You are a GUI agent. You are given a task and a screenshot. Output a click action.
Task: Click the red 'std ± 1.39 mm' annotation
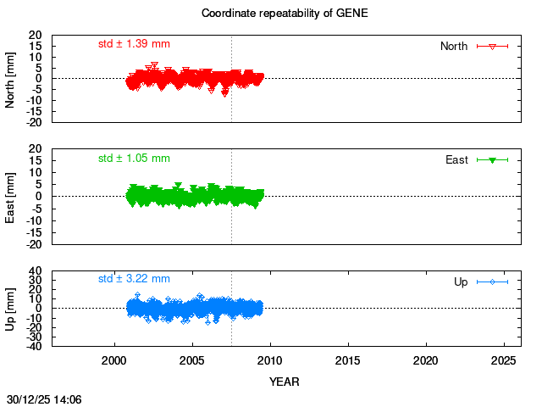tap(134, 43)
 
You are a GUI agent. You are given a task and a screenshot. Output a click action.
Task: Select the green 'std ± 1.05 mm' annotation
tap(134, 158)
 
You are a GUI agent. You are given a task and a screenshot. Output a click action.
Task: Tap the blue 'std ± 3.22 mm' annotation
tap(134, 278)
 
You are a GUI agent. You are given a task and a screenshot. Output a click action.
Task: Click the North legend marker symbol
tap(492, 46)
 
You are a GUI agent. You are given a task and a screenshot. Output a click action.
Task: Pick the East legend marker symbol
tap(492, 159)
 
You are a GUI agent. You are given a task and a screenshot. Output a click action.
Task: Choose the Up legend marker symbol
tap(492, 282)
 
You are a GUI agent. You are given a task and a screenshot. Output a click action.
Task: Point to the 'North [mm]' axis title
tap(11, 79)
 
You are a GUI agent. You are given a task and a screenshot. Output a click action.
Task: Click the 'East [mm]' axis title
tap(11, 196)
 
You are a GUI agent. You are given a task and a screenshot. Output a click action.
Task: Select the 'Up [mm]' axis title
tap(11, 308)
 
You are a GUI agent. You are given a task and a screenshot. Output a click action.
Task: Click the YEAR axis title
tap(285, 382)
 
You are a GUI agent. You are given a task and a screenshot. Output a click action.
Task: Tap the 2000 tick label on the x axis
tap(114, 360)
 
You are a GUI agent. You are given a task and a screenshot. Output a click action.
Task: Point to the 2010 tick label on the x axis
tap(270, 360)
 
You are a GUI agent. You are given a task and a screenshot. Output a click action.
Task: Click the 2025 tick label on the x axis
tap(504, 360)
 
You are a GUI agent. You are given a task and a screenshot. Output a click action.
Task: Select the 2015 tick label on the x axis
tap(348, 360)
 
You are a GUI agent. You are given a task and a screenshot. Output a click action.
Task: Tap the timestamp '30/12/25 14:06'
tap(44, 398)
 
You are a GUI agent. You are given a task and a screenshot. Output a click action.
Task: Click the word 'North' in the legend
tap(454, 46)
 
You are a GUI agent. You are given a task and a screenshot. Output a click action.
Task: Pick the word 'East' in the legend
tap(457, 159)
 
